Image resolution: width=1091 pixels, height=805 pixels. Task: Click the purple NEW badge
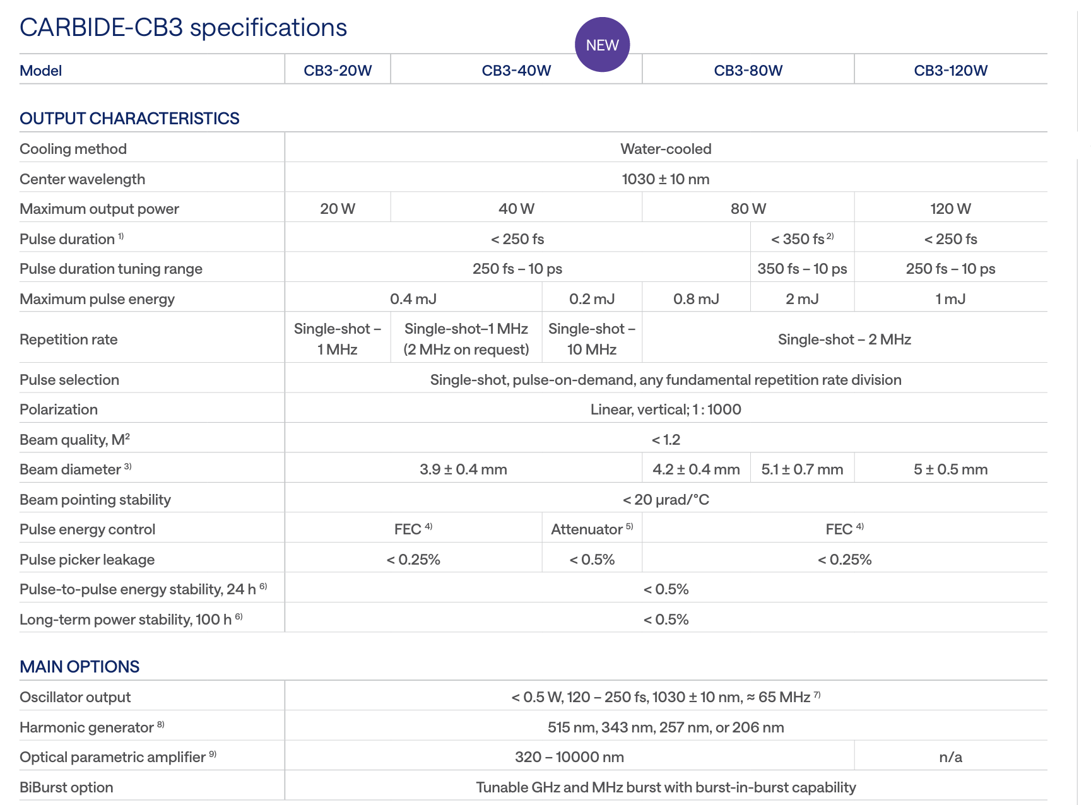click(x=602, y=45)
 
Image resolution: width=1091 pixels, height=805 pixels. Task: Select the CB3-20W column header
click(x=338, y=71)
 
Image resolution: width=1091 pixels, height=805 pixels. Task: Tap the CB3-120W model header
click(x=950, y=71)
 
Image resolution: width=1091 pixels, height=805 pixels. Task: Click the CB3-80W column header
click(x=748, y=71)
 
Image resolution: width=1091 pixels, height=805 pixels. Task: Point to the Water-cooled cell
click(x=666, y=149)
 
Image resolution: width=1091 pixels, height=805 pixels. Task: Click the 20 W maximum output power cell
click(x=338, y=209)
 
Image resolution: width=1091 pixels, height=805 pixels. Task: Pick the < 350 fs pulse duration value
click(x=801, y=239)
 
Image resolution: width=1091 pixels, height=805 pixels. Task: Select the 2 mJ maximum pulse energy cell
click(x=802, y=299)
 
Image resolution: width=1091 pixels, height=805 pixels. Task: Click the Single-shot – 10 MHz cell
click(x=592, y=339)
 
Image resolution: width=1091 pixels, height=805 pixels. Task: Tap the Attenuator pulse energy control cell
click(x=591, y=529)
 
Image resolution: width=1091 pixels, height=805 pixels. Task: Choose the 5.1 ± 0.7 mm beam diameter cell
click(x=802, y=469)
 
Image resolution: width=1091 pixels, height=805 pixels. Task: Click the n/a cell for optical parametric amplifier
click(x=950, y=757)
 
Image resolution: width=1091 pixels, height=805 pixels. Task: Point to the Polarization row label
click(x=59, y=409)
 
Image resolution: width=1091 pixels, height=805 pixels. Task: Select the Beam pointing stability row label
click(x=95, y=500)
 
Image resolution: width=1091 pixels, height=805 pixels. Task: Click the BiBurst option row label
click(x=66, y=787)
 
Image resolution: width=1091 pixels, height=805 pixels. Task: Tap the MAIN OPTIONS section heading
click(x=80, y=667)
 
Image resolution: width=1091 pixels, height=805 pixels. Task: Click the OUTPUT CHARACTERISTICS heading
click(x=129, y=119)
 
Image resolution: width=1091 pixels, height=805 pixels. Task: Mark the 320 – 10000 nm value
click(x=569, y=757)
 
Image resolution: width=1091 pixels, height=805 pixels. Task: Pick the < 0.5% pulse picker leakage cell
click(x=592, y=560)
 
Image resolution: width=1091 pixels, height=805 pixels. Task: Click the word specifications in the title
click(x=268, y=28)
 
